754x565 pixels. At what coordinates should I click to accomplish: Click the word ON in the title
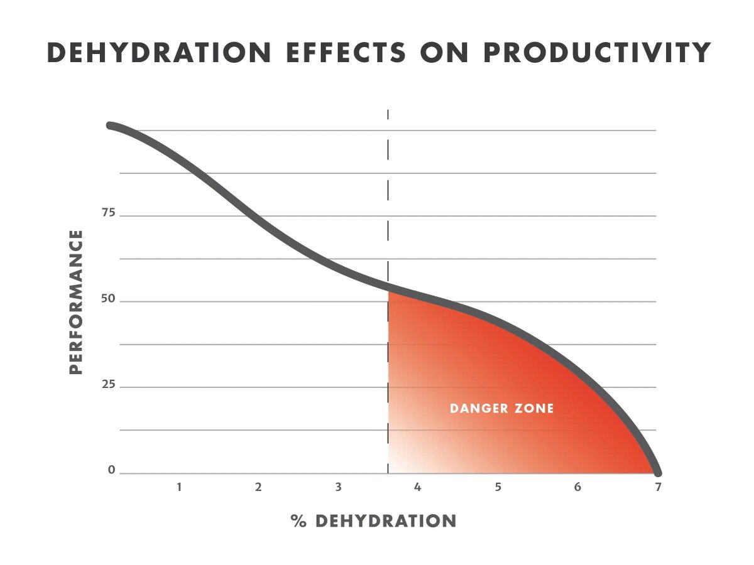pyautogui.click(x=444, y=53)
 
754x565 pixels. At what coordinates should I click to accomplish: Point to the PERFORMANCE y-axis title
pyautogui.click(x=76, y=301)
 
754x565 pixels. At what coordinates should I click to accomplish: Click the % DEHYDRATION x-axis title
pyautogui.click(x=373, y=520)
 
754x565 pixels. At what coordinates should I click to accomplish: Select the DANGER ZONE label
pyautogui.click(x=501, y=409)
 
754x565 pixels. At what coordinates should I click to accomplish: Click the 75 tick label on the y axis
pyautogui.click(x=109, y=213)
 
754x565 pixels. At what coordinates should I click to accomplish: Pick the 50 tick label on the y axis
pyautogui.click(x=109, y=299)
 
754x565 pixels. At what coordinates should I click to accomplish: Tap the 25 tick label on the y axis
pyautogui.click(x=109, y=385)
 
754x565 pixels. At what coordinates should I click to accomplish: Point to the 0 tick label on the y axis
pyautogui.click(x=112, y=470)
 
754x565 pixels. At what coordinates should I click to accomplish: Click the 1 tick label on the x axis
pyautogui.click(x=179, y=487)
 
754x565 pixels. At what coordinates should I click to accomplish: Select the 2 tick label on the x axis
pyautogui.click(x=258, y=487)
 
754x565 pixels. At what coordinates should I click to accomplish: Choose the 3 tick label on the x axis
pyautogui.click(x=339, y=487)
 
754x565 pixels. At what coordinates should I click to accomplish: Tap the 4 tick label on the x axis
pyautogui.click(x=418, y=487)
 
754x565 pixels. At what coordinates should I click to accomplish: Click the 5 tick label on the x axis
pyautogui.click(x=498, y=487)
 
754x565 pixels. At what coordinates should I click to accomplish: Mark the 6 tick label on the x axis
pyautogui.click(x=577, y=487)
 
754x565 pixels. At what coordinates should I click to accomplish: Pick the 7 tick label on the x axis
pyautogui.click(x=658, y=487)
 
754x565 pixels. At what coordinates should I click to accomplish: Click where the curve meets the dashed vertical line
pyautogui.click(x=388, y=288)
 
